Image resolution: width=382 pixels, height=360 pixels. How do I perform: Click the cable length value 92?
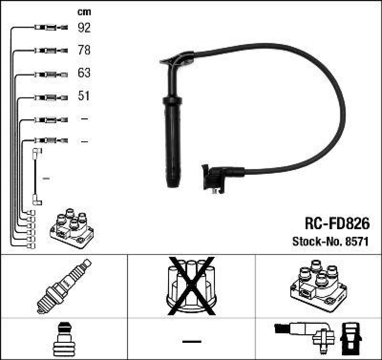point(84,28)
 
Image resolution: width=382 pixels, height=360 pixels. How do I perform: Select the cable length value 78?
point(84,50)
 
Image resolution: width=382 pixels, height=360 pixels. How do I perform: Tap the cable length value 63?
point(84,73)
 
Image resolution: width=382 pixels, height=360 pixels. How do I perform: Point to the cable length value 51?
point(84,96)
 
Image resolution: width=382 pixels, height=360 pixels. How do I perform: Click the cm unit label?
point(84,12)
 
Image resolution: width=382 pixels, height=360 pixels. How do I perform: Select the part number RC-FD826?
point(337,223)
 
